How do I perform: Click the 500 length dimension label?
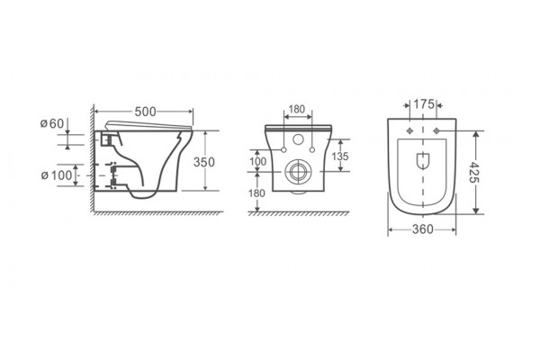point(145,112)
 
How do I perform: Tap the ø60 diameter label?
point(52,123)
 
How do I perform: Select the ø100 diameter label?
point(57,175)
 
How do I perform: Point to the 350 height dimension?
point(204,162)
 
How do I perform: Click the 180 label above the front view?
point(297,109)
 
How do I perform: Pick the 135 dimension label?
point(340,157)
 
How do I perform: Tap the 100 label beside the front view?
point(258,162)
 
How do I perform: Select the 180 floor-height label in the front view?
point(256,193)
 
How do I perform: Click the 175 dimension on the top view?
point(424,104)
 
